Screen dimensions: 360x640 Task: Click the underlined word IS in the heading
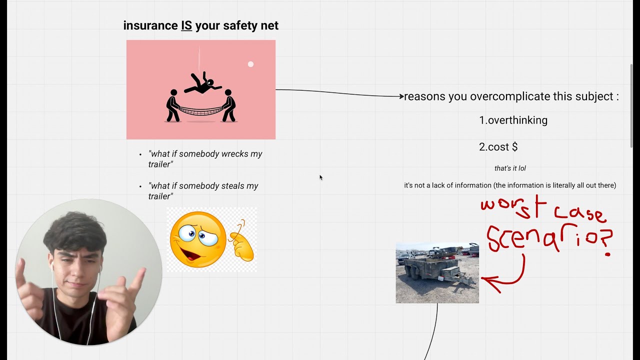point(186,25)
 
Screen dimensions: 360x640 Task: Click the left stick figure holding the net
point(172,105)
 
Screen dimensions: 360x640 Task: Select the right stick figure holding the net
point(228,105)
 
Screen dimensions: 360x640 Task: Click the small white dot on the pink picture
point(250,64)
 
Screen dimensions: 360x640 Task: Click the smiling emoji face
point(197,239)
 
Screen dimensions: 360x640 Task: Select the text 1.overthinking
point(513,120)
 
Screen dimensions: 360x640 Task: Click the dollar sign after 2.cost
point(514,147)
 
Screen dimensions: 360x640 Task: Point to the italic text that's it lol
point(510,168)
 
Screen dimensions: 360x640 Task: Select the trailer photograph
point(437,273)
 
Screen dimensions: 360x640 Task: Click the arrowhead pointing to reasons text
point(401,96)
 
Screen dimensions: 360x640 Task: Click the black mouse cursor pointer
point(321,177)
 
